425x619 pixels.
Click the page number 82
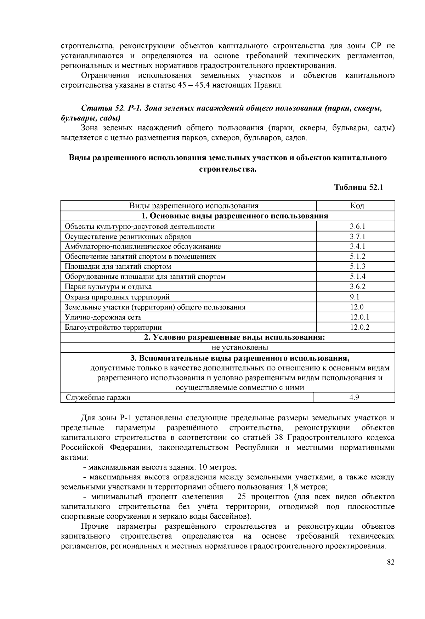pos(391,563)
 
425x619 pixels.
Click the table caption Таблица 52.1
pos(359,188)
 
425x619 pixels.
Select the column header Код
pos(357,206)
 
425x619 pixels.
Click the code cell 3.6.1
pos(357,226)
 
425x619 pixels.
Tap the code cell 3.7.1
pos(357,236)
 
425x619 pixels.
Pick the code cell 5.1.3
pos(357,266)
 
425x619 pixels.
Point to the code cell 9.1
pos(355,297)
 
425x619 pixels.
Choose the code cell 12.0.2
pos(359,327)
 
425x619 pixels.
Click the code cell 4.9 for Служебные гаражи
pos(354,397)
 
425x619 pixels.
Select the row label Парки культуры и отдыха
pos(108,287)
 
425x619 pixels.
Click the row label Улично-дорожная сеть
pos(103,317)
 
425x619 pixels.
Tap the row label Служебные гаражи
pos(98,398)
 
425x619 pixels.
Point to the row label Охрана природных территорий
pos(117,297)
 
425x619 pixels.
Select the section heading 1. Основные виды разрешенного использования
pos(234,216)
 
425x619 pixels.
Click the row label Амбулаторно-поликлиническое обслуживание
pos(143,246)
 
